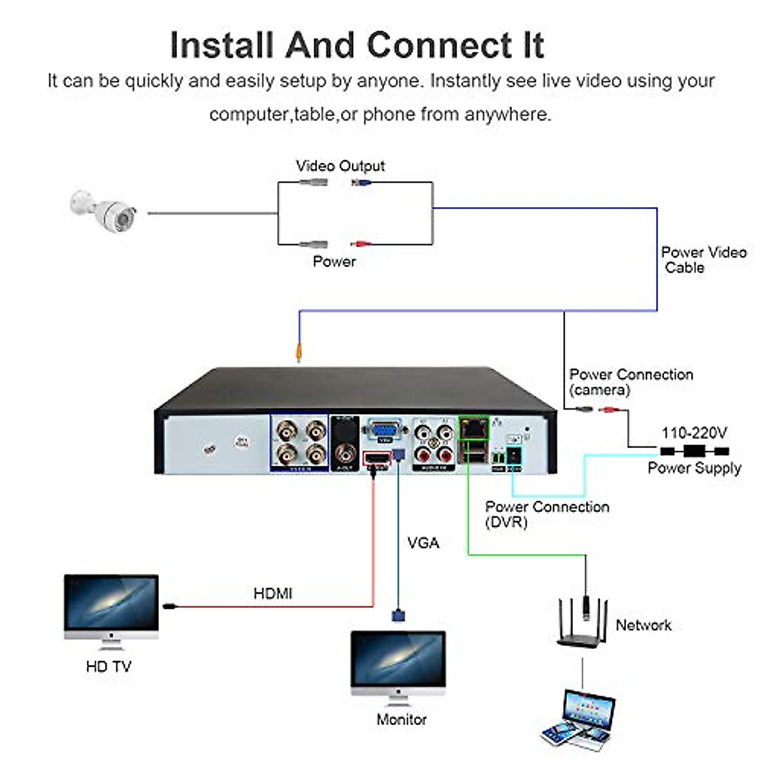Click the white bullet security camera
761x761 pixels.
(x=105, y=211)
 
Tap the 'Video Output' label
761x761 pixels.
(x=340, y=166)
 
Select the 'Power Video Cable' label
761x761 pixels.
(x=703, y=260)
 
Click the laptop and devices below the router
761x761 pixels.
(x=579, y=718)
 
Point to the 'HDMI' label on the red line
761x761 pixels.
(x=273, y=594)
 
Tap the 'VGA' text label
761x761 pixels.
(x=423, y=543)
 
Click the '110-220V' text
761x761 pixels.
(x=694, y=433)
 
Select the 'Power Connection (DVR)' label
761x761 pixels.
(x=547, y=514)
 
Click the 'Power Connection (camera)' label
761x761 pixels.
(x=630, y=382)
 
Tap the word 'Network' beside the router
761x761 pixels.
(x=643, y=625)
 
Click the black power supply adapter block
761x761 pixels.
(x=694, y=452)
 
